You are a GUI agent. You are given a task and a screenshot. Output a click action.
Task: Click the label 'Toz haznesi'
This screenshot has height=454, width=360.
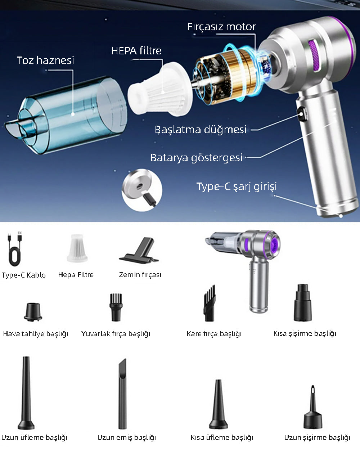point(45,60)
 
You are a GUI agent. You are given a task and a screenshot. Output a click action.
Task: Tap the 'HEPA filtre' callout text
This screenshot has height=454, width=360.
point(136,51)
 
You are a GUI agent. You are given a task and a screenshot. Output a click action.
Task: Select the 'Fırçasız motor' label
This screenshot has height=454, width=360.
point(221,27)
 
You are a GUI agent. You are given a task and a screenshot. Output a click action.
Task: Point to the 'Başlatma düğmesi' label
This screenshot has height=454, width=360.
point(201,130)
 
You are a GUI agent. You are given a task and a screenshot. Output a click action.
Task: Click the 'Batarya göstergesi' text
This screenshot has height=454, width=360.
point(197,158)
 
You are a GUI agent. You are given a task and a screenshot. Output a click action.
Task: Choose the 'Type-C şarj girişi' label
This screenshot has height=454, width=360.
point(237,187)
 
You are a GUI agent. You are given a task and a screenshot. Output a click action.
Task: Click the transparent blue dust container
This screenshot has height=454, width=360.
point(66,116)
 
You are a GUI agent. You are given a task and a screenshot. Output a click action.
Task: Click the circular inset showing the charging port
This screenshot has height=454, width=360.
point(142,190)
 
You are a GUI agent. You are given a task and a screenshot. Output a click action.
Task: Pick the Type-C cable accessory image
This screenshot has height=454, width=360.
point(15,248)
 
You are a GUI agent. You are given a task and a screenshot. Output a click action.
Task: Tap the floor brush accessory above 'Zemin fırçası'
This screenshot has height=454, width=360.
point(139,251)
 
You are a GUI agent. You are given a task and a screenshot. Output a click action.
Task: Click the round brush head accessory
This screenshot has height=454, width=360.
point(116,307)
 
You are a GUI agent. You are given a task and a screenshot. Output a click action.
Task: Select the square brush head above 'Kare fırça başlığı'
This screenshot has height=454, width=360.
point(209,304)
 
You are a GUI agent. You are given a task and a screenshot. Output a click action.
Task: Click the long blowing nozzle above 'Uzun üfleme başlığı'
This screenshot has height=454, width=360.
point(26,393)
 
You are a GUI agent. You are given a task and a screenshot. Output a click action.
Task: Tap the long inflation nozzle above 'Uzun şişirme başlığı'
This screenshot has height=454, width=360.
point(313,407)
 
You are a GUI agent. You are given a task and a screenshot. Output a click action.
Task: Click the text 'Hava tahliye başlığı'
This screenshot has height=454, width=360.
point(35,334)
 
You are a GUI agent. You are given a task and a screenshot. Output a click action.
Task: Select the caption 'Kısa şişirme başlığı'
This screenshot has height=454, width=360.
point(305,333)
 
